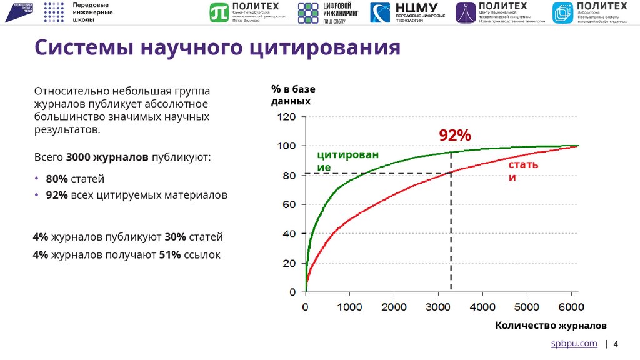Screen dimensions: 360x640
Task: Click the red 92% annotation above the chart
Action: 454,136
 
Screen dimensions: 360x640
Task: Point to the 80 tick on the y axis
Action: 289,176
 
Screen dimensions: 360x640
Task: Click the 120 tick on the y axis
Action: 286,117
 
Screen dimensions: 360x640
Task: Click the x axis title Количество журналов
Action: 551,326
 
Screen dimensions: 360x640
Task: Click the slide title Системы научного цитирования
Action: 217,47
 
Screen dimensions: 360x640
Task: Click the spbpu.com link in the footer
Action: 573,344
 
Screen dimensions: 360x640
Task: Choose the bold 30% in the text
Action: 175,237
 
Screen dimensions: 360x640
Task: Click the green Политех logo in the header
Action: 245,12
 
